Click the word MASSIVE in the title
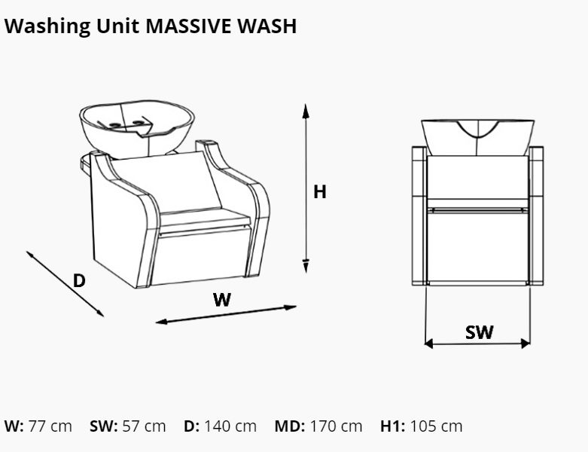point(189,26)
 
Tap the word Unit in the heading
point(117,26)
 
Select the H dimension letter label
point(320,191)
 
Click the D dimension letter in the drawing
point(79,280)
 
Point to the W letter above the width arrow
point(222,300)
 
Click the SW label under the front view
point(480,332)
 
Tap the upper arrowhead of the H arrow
point(306,111)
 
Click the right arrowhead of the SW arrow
point(526,343)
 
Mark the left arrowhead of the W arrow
point(162,322)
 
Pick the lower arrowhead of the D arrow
point(99,313)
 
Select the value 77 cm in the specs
point(50,426)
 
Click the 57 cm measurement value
point(144,426)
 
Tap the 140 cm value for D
point(230,426)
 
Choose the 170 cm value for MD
point(336,426)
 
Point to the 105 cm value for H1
point(436,426)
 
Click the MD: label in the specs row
point(290,426)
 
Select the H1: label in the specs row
point(392,426)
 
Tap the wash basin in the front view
point(478,137)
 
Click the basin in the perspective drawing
point(137,128)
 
